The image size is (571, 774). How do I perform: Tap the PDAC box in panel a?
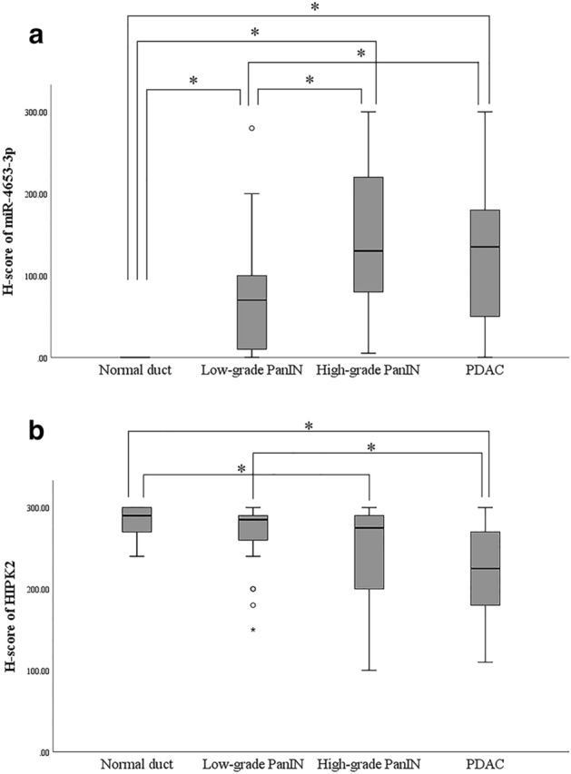tap(486, 263)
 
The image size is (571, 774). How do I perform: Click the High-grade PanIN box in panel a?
tap(369, 234)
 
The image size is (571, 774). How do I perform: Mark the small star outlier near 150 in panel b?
tap(252, 630)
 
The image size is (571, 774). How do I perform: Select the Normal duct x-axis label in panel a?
tap(136, 370)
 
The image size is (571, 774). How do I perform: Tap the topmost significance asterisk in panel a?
tap(315, 8)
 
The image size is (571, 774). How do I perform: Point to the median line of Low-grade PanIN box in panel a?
tap(251, 299)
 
